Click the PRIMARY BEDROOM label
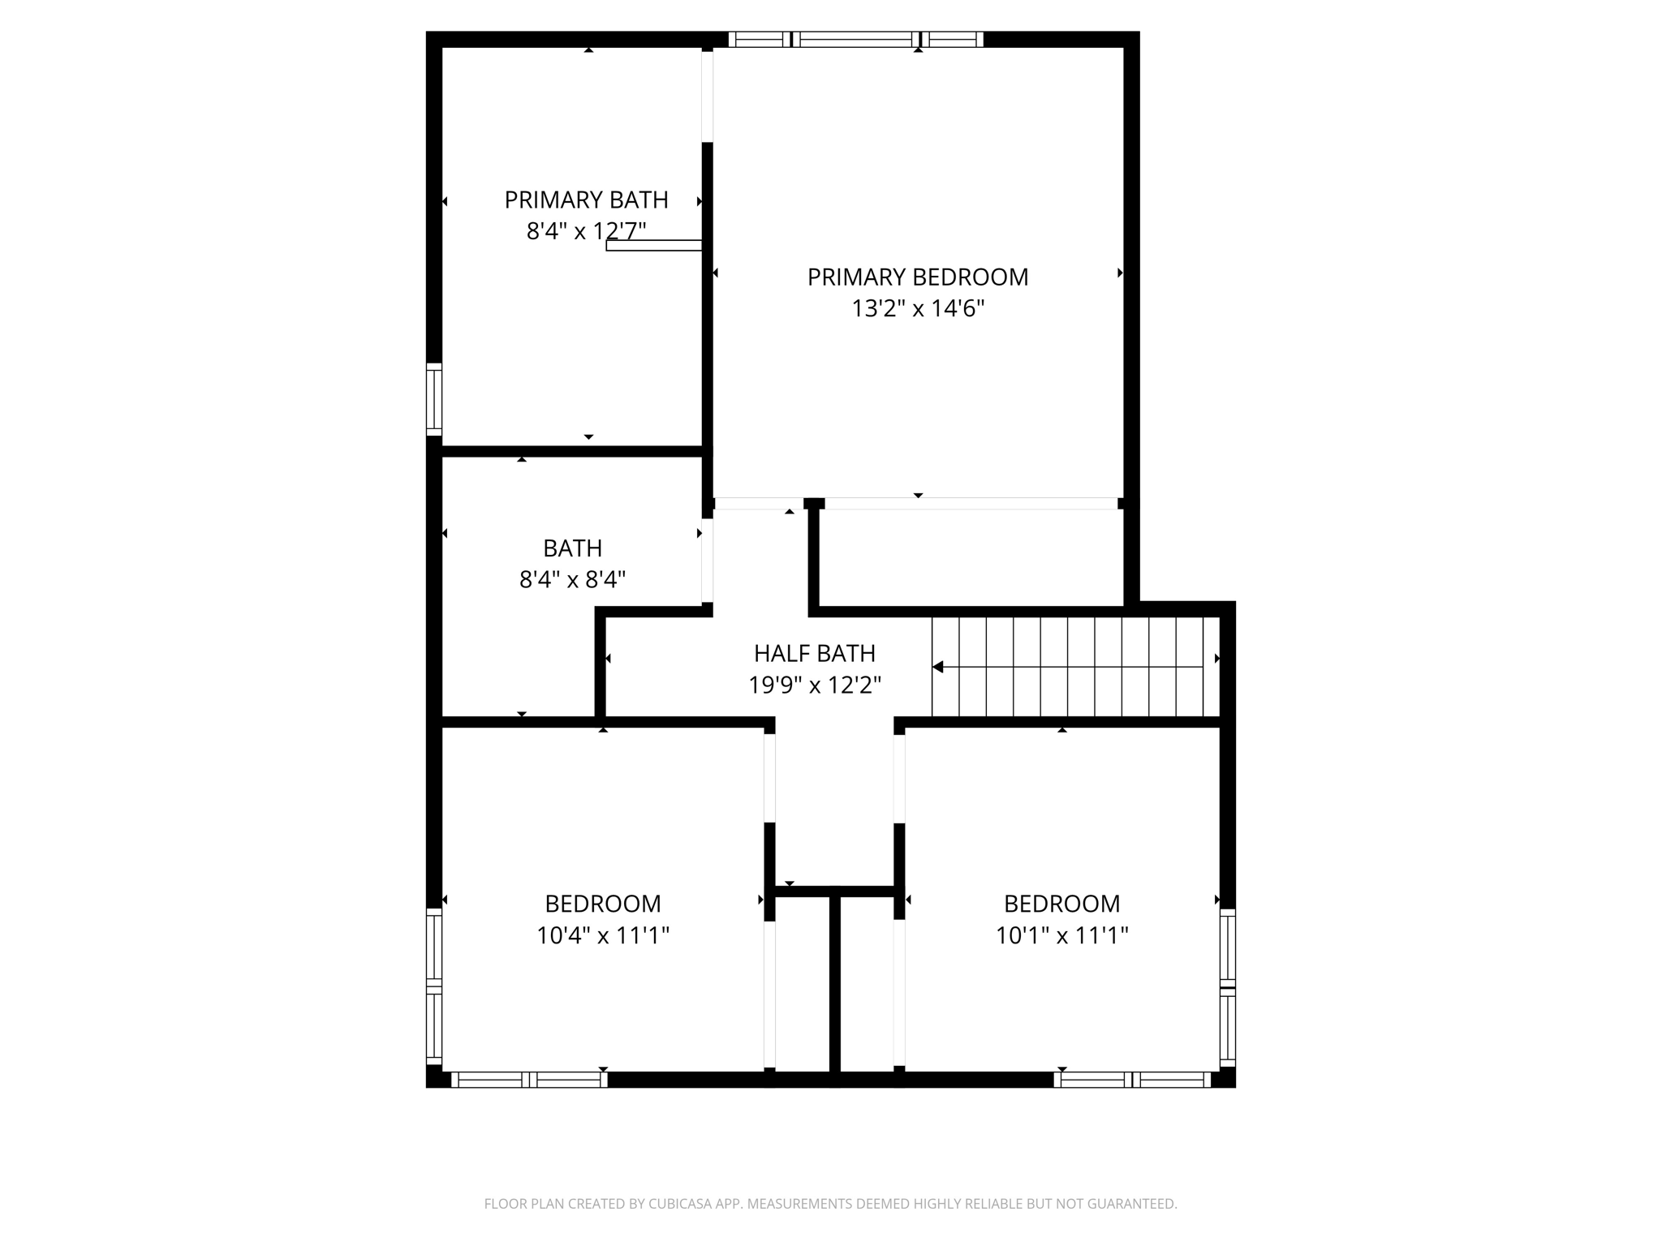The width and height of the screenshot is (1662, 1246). [x=917, y=277]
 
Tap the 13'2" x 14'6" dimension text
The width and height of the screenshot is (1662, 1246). [x=917, y=309]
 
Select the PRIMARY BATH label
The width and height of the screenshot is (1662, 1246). [x=586, y=200]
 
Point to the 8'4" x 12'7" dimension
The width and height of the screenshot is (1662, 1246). [x=586, y=231]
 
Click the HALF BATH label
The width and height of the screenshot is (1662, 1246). [x=814, y=653]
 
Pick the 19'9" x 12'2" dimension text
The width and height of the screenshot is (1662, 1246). [x=814, y=685]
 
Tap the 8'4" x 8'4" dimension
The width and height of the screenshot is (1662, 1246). [x=572, y=580]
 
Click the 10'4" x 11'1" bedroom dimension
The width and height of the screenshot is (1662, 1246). [x=602, y=936]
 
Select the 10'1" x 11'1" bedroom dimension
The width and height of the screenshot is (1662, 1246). [x=1061, y=936]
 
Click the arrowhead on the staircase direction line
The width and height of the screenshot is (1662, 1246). [x=938, y=667]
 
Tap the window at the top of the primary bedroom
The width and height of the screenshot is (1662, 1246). [x=855, y=39]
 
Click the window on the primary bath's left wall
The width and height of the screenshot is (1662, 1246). [x=434, y=399]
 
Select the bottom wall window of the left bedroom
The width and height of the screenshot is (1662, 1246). [x=529, y=1079]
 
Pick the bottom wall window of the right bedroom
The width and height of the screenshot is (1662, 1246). [x=1132, y=1079]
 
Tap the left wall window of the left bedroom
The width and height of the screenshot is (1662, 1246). [x=434, y=986]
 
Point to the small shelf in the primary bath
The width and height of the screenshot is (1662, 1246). [x=653, y=245]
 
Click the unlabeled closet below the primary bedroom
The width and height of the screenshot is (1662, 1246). [x=970, y=558]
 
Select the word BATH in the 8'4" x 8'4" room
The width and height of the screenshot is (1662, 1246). [x=572, y=548]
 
